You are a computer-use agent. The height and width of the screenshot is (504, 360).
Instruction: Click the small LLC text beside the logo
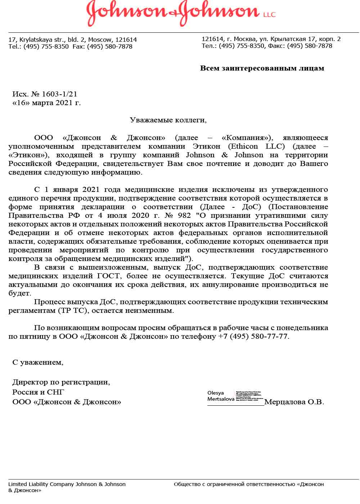pos(269,15)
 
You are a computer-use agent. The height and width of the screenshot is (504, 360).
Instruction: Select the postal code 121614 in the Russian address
pos(213,39)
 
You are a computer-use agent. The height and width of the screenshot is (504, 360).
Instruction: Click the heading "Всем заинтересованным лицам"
pos(262,68)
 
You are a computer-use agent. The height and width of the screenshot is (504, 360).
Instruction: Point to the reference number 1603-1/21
pos(59,94)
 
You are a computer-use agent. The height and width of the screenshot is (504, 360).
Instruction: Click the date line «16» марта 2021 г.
pos(47,103)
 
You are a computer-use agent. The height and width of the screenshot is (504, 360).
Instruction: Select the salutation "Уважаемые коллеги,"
pos(168,120)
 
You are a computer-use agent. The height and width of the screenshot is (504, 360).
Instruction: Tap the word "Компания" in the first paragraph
pos(246,138)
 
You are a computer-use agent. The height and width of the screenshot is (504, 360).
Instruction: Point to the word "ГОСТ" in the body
pos(107,276)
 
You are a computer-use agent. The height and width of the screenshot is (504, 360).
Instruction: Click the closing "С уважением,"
pos(38,362)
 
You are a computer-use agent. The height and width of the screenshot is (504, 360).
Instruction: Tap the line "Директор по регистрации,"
pos(61,382)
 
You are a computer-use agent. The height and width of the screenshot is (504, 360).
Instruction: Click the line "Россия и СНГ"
pos(38,392)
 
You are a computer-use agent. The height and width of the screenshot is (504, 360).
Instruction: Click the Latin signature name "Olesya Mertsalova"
pos(220,396)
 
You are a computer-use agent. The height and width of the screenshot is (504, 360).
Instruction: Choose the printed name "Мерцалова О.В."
pos(294,402)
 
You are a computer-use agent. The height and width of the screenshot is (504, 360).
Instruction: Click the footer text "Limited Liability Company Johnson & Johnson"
pos(67,484)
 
